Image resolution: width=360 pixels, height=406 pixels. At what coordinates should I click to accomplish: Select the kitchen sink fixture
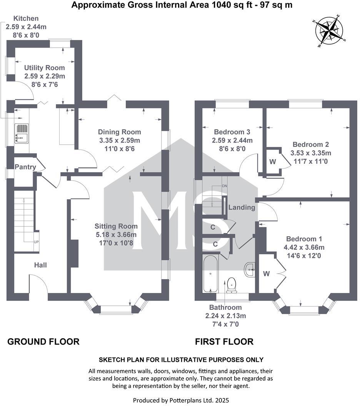coord(22,133)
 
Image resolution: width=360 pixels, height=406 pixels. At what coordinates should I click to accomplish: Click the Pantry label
coord(25,167)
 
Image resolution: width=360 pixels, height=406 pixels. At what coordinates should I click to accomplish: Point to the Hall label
coord(40,265)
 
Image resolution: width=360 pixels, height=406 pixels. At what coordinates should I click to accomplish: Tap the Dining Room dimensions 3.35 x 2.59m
coord(119,140)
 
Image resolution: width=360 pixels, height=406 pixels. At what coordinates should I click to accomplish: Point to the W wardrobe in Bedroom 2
coord(272,162)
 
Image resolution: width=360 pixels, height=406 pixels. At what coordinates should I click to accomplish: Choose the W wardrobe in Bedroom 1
coord(266,274)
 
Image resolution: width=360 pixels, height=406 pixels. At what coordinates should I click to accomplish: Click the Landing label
coord(242,208)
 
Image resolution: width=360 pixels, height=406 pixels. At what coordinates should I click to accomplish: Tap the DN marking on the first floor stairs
coord(225,186)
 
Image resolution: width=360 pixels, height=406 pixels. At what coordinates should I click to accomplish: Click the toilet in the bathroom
coord(232,285)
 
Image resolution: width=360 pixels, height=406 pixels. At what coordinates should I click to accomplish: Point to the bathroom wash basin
coord(250,270)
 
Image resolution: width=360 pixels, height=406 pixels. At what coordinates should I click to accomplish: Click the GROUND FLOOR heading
coord(43,341)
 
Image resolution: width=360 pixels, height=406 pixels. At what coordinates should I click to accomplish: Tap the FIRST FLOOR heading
coord(224,341)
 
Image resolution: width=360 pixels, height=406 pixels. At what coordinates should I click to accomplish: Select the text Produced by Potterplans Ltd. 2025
coord(181,400)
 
